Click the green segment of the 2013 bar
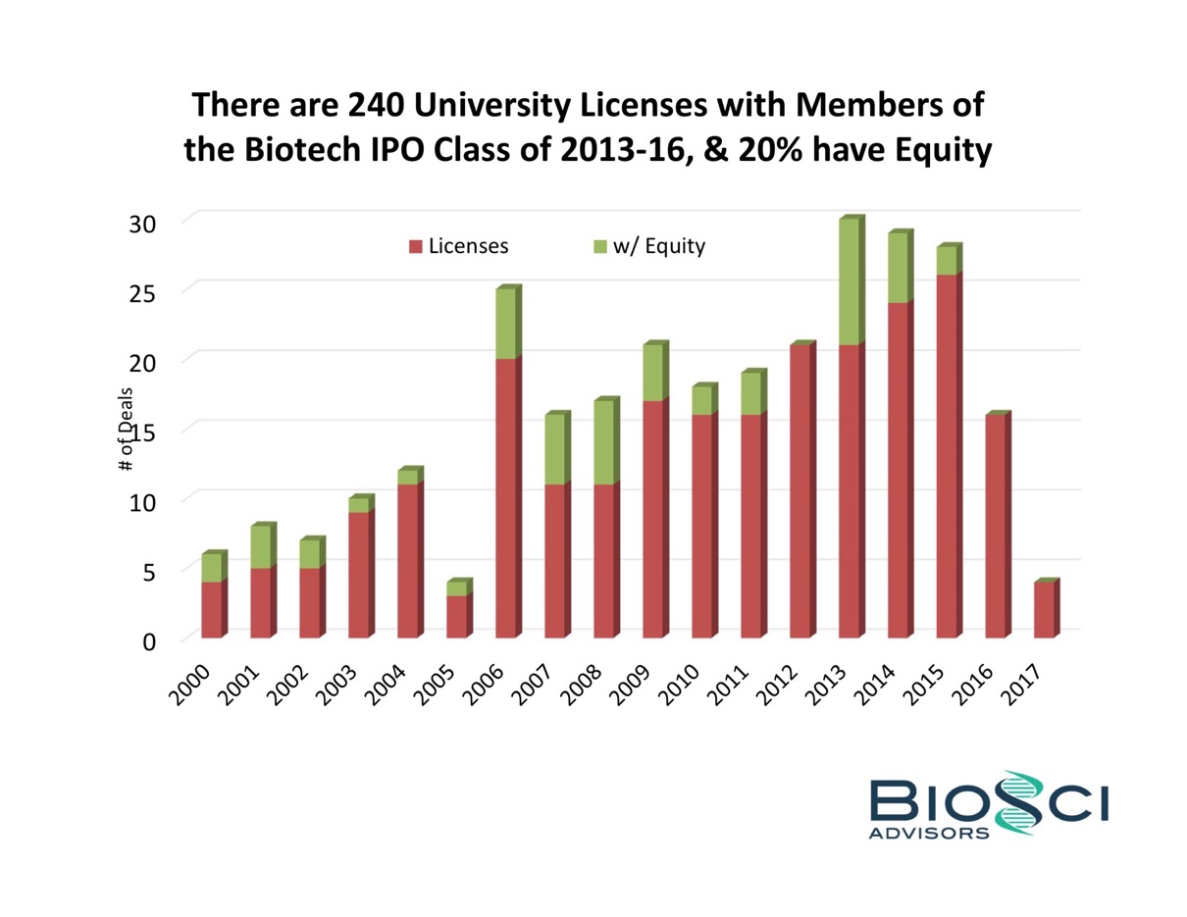(x=849, y=281)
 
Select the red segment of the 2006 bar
(x=505, y=498)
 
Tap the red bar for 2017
(x=1045, y=610)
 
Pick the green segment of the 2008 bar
(x=603, y=442)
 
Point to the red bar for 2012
(x=800, y=491)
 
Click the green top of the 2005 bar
(x=456, y=588)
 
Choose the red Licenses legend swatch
(x=415, y=246)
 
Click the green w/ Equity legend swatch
(x=600, y=246)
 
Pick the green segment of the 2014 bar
(x=898, y=268)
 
